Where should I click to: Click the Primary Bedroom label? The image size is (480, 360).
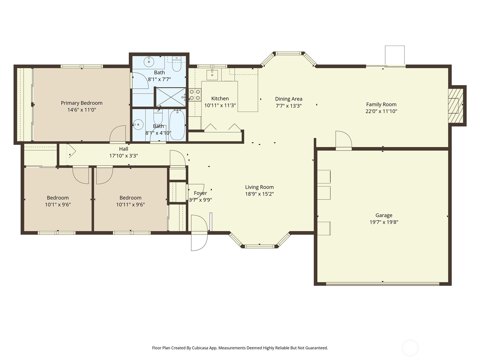point(82,103)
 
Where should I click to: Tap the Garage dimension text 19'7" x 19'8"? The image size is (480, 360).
point(384,222)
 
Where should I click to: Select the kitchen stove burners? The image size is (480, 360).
point(195,95)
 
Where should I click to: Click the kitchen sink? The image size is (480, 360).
point(212,74)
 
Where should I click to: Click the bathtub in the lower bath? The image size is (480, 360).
point(177,125)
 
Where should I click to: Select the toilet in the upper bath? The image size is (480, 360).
point(177,64)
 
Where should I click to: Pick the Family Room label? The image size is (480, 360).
point(381,104)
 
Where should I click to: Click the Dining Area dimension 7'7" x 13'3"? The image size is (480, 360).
point(289,106)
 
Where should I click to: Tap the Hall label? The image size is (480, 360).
point(124,149)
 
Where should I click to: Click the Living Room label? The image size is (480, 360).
point(259,187)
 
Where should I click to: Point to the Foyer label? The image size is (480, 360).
point(200,193)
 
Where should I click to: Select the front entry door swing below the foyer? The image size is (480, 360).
point(199,233)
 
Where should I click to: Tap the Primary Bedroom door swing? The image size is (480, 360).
point(118,134)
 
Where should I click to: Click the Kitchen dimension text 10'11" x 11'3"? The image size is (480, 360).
point(220,106)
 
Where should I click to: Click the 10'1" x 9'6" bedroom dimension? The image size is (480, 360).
point(58,205)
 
